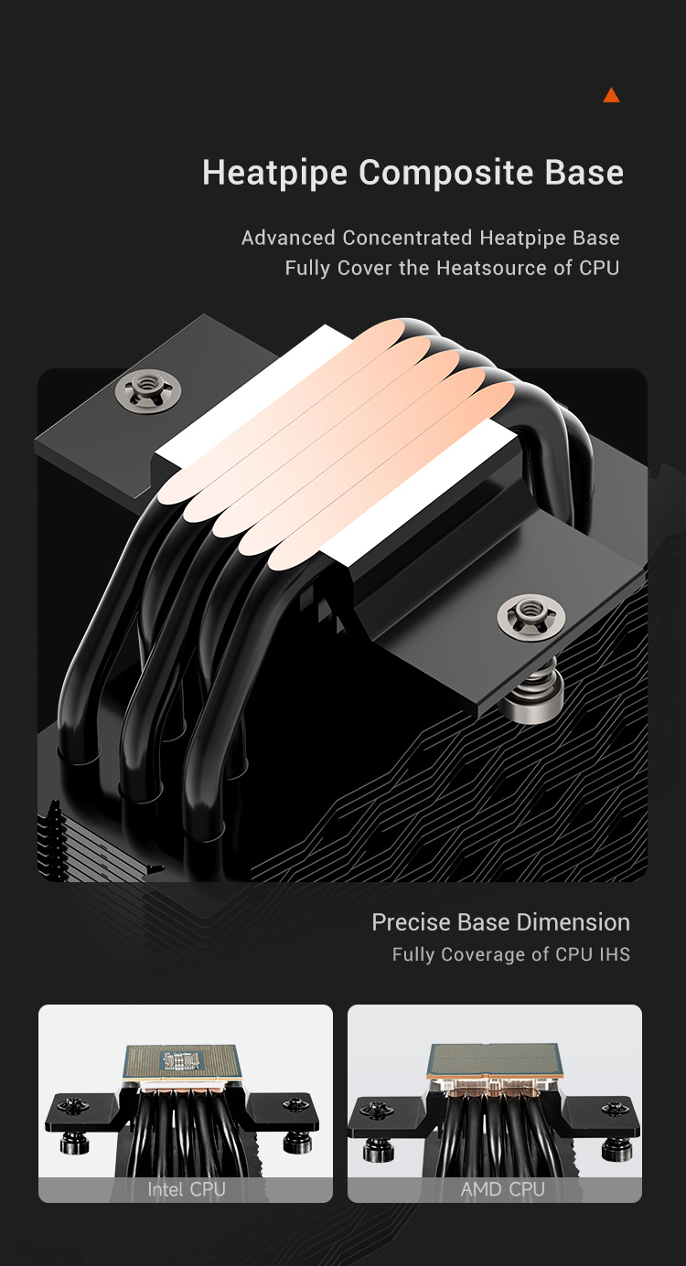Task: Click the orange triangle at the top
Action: coord(611,96)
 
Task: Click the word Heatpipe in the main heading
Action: coord(274,173)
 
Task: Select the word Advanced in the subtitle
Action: coord(288,238)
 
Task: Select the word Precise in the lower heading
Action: coord(412,922)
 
